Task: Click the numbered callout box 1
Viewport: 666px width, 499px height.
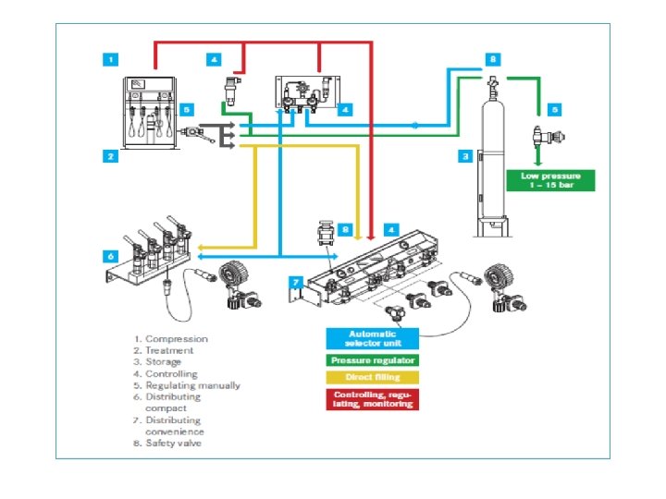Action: click(111, 59)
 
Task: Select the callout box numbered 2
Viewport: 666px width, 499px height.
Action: click(111, 156)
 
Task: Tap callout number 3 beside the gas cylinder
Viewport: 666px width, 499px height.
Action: click(466, 156)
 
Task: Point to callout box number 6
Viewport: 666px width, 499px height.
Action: click(111, 256)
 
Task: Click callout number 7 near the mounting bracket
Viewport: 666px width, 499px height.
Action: click(296, 280)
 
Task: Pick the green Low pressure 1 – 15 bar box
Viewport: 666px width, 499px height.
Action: click(551, 179)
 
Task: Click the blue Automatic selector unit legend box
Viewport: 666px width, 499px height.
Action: click(371, 337)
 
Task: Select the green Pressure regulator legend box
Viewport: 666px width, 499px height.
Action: click(371, 359)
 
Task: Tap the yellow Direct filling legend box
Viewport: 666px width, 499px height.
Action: click(371, 377)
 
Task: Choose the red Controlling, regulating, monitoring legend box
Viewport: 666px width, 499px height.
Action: click(371, 399)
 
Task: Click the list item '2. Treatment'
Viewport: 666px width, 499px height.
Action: click(166, 350)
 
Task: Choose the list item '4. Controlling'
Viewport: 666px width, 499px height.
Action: click(168, 373)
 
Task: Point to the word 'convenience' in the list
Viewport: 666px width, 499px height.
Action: click(175, 432)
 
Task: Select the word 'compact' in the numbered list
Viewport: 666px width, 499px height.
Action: click(166, 408)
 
